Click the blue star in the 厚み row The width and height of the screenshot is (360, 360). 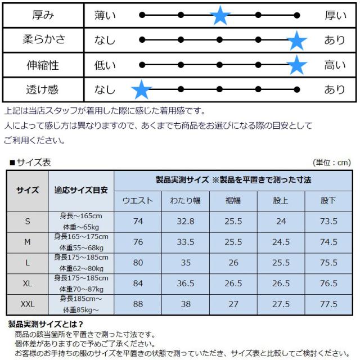(220, 16)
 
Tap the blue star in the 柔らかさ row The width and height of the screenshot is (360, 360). (296, 40)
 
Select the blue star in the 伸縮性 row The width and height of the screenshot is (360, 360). (296, 65)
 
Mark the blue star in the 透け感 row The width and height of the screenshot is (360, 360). (141, 89)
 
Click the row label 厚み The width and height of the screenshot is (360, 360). (44, 15)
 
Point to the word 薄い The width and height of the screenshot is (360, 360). (105, 16)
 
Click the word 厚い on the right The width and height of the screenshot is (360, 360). (335, 16)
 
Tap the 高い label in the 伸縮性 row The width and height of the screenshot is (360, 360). (335, 65)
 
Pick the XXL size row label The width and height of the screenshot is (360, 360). (28, 304)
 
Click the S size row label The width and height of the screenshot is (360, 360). (28, 221)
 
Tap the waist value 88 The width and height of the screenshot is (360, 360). (138, 304)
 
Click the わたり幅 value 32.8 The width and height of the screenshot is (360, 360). (185, 221)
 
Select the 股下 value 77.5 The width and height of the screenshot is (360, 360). (328, 304)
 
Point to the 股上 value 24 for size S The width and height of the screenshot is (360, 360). (281, 221)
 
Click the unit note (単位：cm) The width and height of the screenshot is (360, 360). (332, 163)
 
